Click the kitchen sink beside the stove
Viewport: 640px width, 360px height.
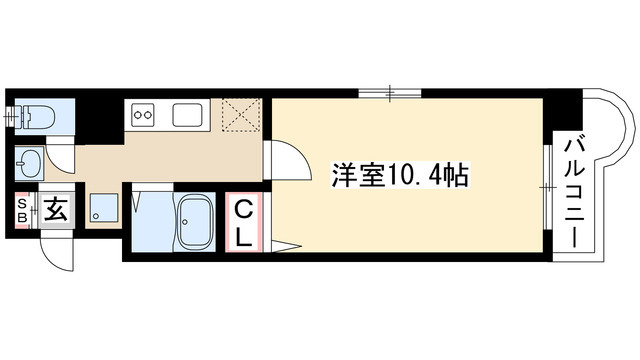point(187,115)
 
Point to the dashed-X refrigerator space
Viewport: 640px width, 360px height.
point(240,115)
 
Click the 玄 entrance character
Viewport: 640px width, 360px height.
point(56,211)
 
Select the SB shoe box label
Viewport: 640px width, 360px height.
point(20,212)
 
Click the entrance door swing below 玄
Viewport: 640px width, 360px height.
point(58,249)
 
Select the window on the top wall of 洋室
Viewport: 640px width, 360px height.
point(391,95)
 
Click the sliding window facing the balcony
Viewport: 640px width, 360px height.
point(546,185)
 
